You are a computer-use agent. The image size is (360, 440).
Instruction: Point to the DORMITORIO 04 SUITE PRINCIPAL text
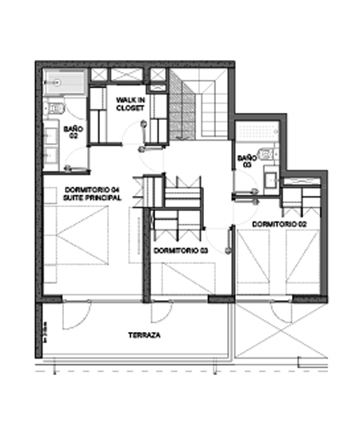tap(92, 193)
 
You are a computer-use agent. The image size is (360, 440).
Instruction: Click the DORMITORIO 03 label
tap(181, 250)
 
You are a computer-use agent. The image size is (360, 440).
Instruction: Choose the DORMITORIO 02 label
tap(280, 225)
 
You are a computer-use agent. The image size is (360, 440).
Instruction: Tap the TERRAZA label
tap(144, 335)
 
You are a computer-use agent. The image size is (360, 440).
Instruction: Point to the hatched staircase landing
tap(182, 104)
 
